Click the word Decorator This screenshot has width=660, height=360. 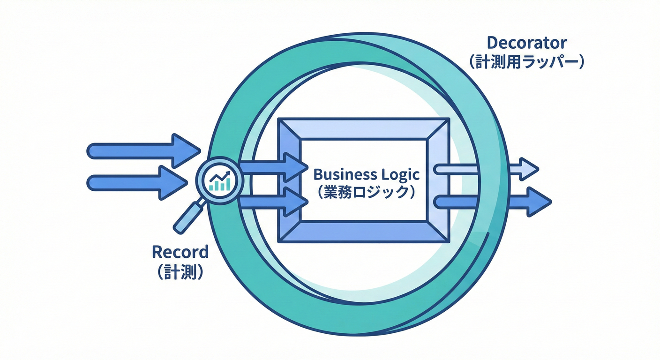tap(527, 43)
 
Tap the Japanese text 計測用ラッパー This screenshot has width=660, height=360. tap(527, 63)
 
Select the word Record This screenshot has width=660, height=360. tap(180, 252)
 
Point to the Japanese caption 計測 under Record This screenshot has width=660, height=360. tap(180, 272)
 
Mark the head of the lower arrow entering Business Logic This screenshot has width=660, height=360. tap(296, 202)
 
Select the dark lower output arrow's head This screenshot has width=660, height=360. tap(538, 202)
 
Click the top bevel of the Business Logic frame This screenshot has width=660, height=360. tap(363, 128)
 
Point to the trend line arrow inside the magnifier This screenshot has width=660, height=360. tap(220, 176)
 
